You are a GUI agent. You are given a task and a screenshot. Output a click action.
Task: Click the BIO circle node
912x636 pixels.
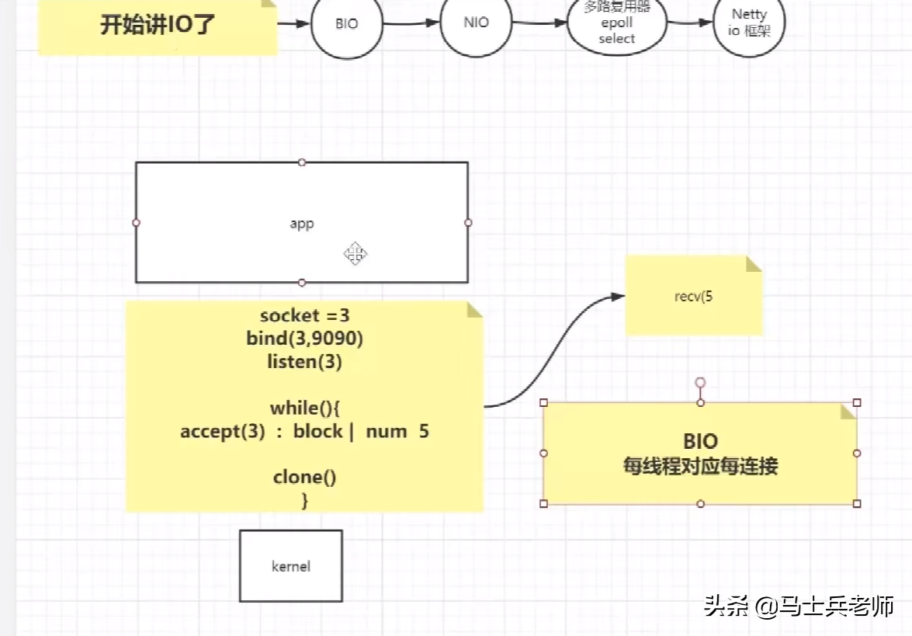347,24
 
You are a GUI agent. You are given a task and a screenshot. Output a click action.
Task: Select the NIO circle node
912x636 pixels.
476,23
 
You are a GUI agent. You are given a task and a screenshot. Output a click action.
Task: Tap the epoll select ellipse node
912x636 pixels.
617,25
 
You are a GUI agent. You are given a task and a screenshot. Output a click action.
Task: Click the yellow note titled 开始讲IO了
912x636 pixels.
158,25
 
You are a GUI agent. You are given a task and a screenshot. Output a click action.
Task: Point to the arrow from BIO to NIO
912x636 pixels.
411,23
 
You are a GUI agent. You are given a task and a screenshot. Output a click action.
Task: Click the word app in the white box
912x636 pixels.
301,224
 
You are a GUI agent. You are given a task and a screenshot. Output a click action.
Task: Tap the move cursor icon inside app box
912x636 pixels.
355,253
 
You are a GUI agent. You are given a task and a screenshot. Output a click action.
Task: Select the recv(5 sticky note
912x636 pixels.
693,297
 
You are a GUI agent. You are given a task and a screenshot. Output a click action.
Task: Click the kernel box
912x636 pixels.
291,566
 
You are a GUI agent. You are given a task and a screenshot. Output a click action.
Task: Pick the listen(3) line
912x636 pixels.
304,362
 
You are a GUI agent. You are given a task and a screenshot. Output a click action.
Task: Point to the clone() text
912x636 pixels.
304,477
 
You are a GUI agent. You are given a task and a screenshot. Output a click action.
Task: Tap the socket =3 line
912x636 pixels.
304,315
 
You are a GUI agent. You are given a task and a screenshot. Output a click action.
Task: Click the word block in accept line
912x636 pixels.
317,431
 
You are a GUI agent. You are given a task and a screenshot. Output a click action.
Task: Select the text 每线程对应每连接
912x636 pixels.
700,466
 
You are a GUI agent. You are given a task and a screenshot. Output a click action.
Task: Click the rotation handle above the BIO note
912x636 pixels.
700,382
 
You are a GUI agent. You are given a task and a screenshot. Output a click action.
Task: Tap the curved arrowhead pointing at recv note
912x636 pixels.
618,296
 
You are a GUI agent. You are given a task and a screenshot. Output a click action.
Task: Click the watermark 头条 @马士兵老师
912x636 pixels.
799,606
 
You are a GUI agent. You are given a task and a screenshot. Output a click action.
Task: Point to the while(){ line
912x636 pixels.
304,408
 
